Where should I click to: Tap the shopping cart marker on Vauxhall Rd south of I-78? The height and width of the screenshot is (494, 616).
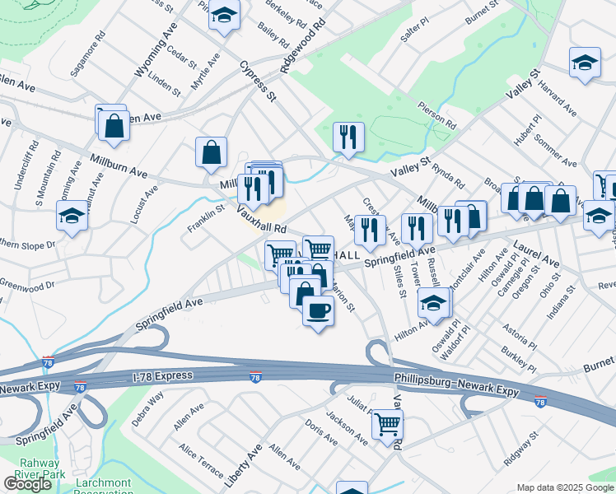pos(386,424)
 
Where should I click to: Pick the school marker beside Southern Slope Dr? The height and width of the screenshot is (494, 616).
pos(72,217)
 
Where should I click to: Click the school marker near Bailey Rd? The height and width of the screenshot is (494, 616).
pos(223,16)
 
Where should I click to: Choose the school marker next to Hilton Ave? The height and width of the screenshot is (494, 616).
pos(434,303)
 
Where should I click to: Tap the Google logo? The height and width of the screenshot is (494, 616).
pos(28,483)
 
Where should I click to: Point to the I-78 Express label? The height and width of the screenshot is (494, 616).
pos(162,376)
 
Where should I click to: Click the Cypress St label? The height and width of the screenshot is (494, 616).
pos(257,81)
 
